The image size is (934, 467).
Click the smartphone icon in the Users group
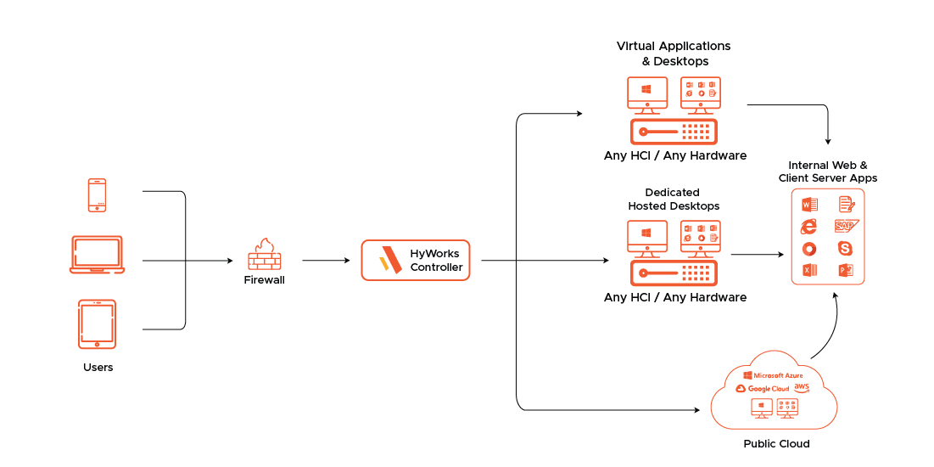tap(97, 194)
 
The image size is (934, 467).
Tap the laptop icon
tap(97, 255)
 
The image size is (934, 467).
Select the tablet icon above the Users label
tap(97, 324)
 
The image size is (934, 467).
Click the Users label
tap(98, 368)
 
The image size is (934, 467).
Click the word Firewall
tap(264, 279)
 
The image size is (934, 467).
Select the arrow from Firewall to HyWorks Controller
tap(326, 261)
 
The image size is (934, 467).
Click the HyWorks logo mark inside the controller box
tap(390, 260)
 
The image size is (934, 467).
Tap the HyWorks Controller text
tap(437, 260)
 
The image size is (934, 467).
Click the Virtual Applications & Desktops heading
tap(674, 53)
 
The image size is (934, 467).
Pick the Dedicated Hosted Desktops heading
tap(674, 200)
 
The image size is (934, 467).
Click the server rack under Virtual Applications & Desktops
tap(674, 132)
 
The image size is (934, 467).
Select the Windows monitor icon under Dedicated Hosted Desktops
tap(646, 236)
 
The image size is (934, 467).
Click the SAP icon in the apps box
tap(846, 226)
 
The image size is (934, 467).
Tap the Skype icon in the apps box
tap(846, 248)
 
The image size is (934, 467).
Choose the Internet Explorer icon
tap(808, 226)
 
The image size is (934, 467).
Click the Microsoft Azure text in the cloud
tap(773, 374)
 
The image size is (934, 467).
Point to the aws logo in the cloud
tap(802, 387)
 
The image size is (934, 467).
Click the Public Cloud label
tap(776, 444)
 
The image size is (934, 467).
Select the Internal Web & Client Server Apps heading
tap(827, 172)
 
